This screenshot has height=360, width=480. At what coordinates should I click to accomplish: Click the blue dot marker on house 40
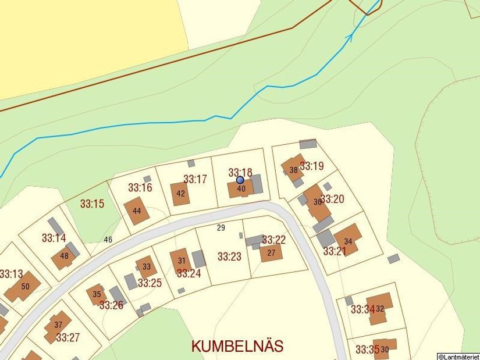[240, 180]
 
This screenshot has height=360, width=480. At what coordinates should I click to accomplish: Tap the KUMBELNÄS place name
[237, 346]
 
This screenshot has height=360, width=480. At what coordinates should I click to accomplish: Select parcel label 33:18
[240, 172]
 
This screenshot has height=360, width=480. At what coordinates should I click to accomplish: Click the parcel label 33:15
[92, 204]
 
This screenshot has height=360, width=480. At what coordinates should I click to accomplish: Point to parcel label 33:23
[229, 256]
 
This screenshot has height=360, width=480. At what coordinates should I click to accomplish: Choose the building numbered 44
[137, 211]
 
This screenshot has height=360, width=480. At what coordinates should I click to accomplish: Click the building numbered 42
[180, 194]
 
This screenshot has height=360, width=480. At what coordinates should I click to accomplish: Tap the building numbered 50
[24, 286]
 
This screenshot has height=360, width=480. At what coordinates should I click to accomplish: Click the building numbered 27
[271, 253]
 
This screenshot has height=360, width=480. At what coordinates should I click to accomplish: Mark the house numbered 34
[348, 240]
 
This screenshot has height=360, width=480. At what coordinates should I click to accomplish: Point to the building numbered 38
[293, 169]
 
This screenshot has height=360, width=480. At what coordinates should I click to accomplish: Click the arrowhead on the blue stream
[350, 37]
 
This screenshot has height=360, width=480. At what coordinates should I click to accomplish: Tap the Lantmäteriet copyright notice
[458, 356]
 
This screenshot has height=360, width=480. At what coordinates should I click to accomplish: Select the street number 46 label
[108, 240]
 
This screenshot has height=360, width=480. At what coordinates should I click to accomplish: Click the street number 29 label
[221, 227]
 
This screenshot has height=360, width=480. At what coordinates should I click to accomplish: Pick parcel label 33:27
[68, 337]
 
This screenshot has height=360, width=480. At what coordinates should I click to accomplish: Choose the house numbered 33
[147, 267]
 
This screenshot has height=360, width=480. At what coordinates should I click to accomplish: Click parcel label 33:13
[11, 274]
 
